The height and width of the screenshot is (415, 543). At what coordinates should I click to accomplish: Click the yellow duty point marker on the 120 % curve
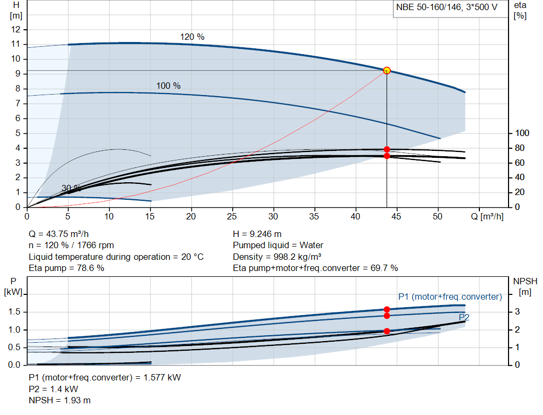click(x=387, y=70)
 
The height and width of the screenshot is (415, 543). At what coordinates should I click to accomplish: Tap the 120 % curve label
click(x=192, y=37)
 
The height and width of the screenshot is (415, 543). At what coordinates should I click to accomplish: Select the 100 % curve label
click(x=168, y=86)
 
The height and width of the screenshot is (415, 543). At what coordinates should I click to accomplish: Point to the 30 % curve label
click(x=71, y=188)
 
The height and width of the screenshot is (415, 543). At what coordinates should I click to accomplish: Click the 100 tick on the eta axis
click(x=522, y=133)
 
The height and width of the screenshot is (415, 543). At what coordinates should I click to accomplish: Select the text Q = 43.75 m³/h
click(x=63, y=234)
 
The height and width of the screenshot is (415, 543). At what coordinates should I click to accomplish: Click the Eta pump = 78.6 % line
click(x=66, y=268)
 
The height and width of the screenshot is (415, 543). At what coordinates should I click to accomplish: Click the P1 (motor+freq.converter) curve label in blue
click(x=450, y=297)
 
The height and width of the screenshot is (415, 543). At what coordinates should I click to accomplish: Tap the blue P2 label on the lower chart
click(x=463, y=317)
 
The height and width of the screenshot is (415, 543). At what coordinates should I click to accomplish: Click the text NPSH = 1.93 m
click(x=59, y=400)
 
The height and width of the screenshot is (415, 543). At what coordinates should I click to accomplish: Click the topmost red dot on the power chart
click(x=387, y=309)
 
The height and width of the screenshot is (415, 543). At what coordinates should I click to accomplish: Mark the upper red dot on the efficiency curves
click(x=387, y=149)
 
